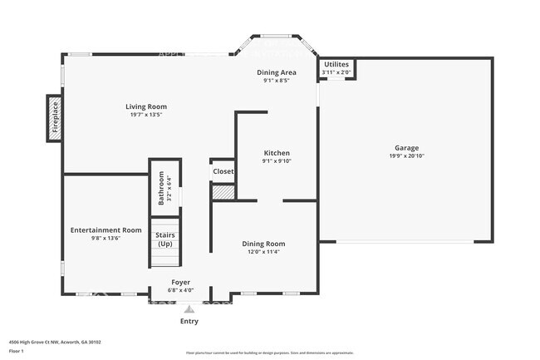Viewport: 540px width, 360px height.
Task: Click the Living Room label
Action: tap(146, 106)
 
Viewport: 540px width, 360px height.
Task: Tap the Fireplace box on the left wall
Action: tap(55, 117)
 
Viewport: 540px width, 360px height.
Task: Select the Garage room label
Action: tap(406, 148)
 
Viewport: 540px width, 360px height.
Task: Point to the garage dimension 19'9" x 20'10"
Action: tap(406, 156)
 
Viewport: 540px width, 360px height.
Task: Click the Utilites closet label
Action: tap(336, 64)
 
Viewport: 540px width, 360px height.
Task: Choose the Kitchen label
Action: tap(277, 153)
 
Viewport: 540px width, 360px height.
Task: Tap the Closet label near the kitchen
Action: tap(223, 171)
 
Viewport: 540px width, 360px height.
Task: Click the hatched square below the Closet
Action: tap(223, 192)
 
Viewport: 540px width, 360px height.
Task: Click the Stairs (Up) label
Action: tap(164, 239)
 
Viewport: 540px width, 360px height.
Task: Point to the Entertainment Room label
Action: tap(106, 229)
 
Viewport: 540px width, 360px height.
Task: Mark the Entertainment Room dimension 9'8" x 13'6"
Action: tap(106, 238)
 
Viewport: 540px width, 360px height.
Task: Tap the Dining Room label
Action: tap(263, 244)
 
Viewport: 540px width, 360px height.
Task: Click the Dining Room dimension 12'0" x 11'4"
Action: tap(263, 252)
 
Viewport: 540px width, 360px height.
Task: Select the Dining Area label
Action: tap(276, 72)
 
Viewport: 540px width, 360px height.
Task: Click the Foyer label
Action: tap(181, 283)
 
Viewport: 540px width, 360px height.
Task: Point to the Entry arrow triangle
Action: tap(189, 308)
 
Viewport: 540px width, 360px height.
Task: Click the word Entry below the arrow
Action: tap(189, 321)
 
